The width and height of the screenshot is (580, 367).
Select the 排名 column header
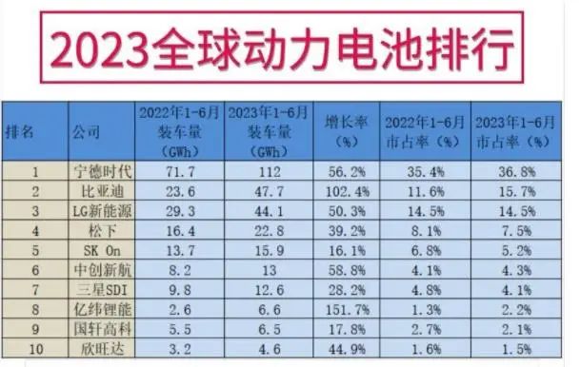point(21,131)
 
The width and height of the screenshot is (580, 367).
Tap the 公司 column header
point(87,131)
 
